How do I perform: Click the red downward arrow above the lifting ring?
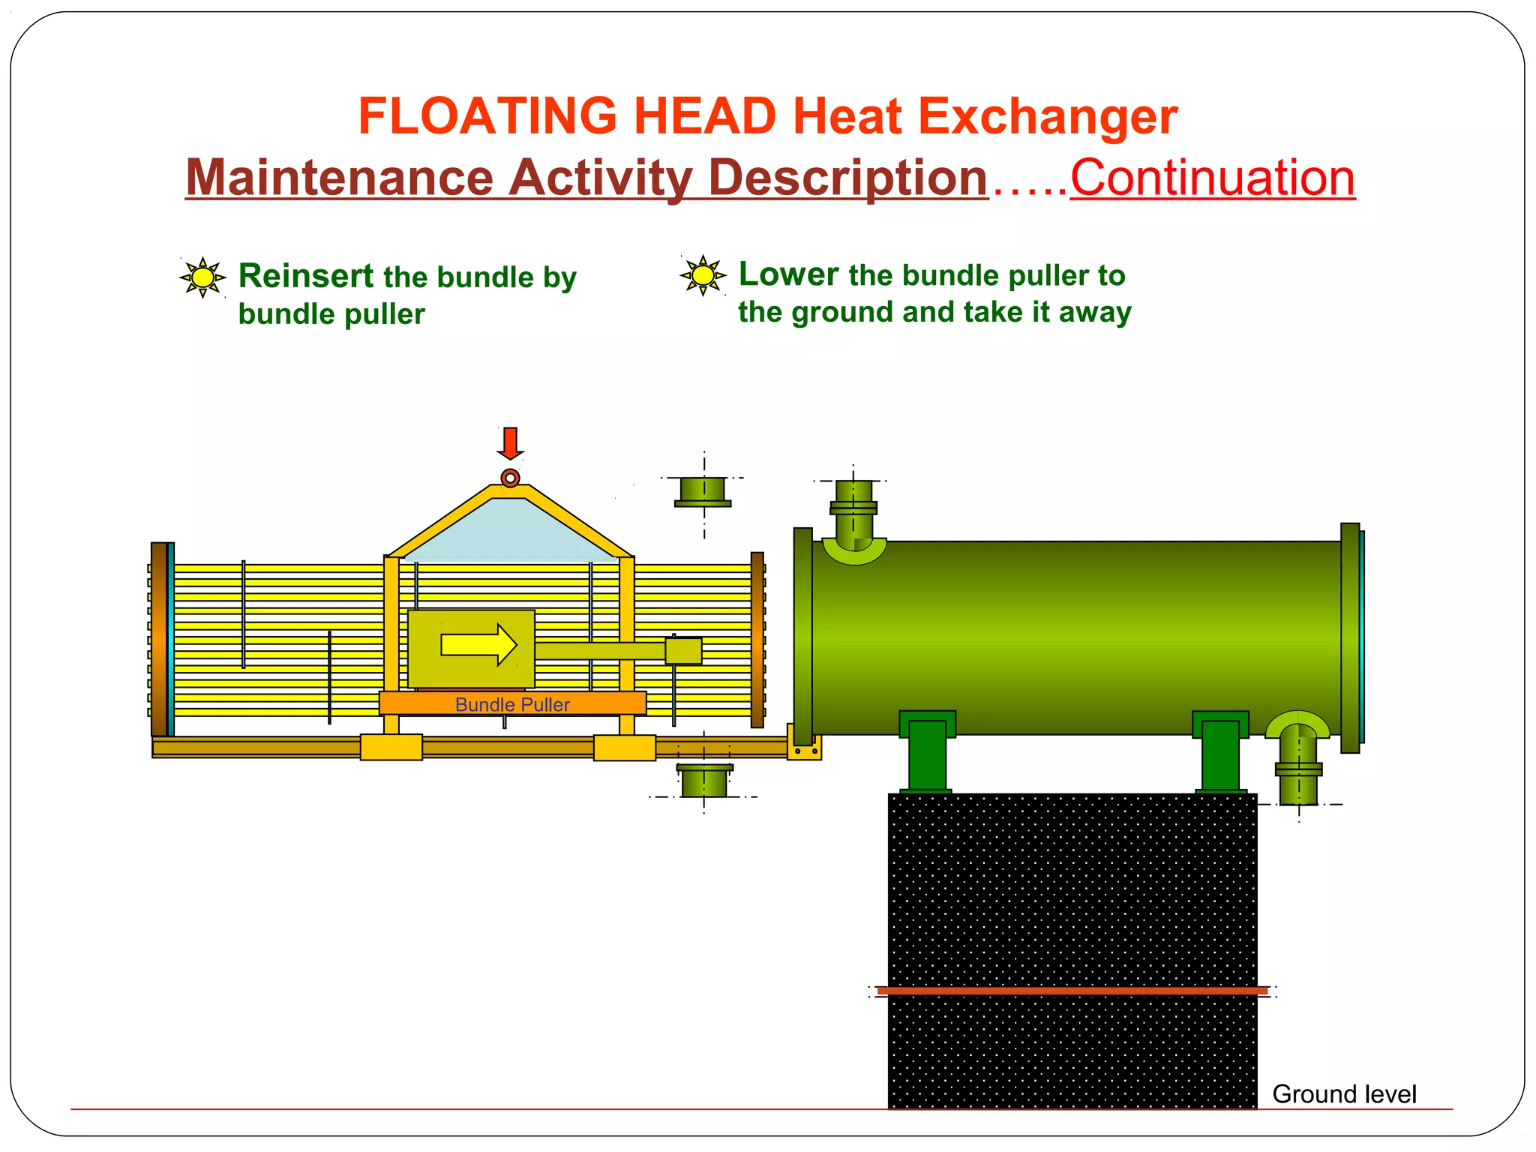pyautogui.click(x=510, y=442)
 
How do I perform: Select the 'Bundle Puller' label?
pyautogui.click(x=512, y=704)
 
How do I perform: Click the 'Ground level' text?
pyautogui.click(x=1344, y=1094)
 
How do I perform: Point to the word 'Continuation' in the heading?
pyautogui.click(x=1212, y=178)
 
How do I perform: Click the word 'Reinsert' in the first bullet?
pyautogui.click(x=306, y=276)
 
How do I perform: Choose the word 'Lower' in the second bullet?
pyautogui.click(x=788, y=274)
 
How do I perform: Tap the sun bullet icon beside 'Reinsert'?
pyautogui.click(x=202, y=277)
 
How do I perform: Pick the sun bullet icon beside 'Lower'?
pyautogui.click(x=703, y=275)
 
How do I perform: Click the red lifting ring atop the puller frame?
pyautogui.click(x=510, y=478)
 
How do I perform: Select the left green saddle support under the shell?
pyautogui.click(x=927, y=752)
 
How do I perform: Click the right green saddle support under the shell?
pyautogui.click(x=1220, y=752)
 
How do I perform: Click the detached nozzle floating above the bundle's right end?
pyautogui.click(x=703, y=492)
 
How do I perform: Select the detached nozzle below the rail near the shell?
pyautogui.click(x=703, y=781)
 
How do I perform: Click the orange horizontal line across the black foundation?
pyautogui.click(x=1072, y=991)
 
